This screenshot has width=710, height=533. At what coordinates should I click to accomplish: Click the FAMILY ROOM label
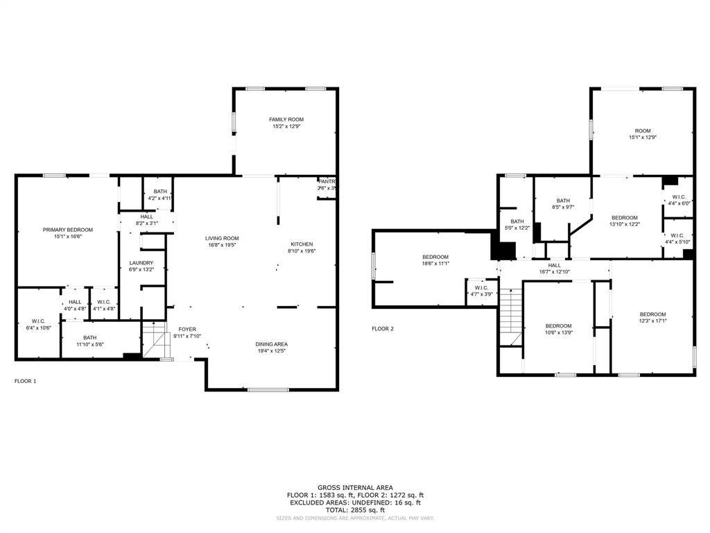[x=286, y=119]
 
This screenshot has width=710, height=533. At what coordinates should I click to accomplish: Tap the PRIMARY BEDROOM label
[x=67, y=230]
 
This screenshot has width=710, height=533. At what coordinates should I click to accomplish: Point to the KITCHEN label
[x=302, y=244]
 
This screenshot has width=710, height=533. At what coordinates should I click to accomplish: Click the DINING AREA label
[x=271, y=344]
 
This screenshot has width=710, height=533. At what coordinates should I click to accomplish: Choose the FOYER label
[x=187, y=330]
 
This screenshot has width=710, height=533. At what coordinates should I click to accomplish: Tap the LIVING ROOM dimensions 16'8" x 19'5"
[x=222, y=246]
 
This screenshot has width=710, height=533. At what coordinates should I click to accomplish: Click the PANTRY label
[x=327, y=182]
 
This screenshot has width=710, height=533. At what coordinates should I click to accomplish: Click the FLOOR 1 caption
[x=26, y=381]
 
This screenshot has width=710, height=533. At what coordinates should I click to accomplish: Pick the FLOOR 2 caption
[x=382, y=329]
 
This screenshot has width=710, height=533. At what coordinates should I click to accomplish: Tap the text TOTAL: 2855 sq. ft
[x=355, y=510]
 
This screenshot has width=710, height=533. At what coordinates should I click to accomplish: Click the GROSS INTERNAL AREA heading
[x=355, y=487]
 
